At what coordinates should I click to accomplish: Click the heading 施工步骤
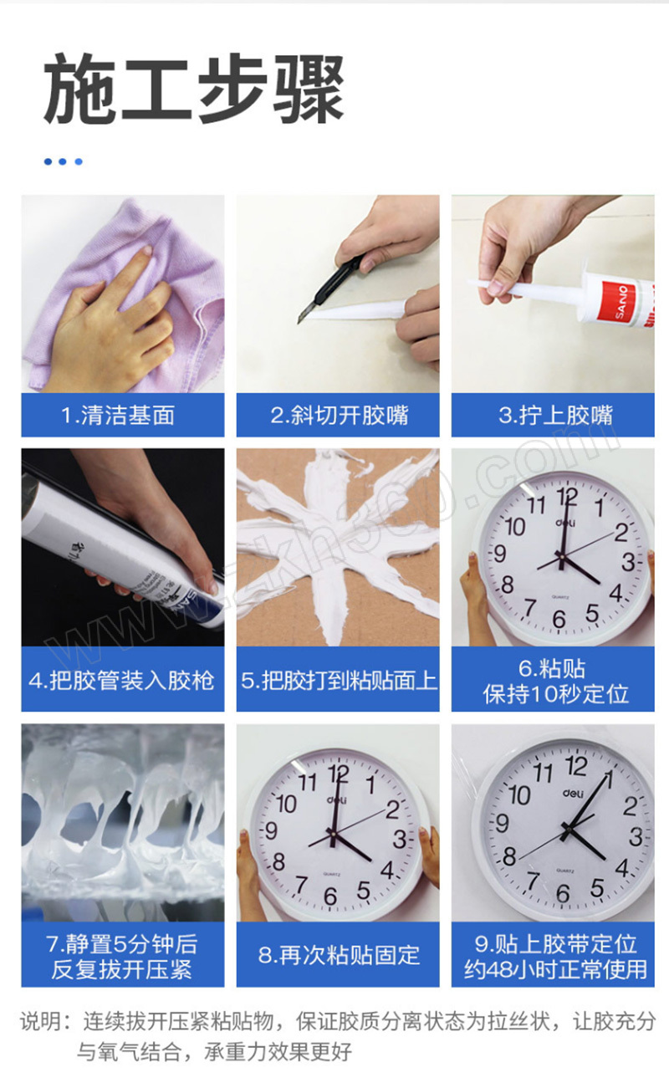[194, 89]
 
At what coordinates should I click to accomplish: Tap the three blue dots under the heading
[64, 161]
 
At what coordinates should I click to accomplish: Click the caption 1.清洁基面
[118, 416]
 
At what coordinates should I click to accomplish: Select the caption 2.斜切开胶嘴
[340, 416]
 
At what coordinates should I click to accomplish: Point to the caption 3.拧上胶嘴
[556, 416]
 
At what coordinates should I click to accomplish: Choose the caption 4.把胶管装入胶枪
[121, 680]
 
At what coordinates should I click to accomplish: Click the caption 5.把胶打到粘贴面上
[339, 680]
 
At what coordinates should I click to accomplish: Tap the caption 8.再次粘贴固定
[339, 955]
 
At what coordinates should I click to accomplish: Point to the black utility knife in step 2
[329, 287]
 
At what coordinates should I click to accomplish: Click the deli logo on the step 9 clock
[574, 793]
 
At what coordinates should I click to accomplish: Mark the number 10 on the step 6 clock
[515, 527]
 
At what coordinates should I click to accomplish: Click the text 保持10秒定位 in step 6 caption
[556, 693]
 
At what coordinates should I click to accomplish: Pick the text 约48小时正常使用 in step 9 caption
[555, 969]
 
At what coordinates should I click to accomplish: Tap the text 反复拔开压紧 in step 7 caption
[121, 969]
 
